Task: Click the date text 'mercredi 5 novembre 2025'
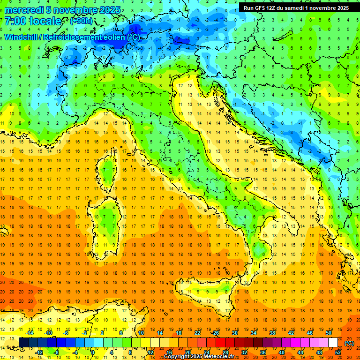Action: (62, 10)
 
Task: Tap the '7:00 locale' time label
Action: (33, 21)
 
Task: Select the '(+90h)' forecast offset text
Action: (82, 21)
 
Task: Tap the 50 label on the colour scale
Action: (329, 333)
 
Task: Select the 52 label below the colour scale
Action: (338, 352)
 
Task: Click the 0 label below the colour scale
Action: (93, 352)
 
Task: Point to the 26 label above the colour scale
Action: (216, 333)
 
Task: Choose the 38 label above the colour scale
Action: (272, 333)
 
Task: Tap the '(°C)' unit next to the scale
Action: (349, 343)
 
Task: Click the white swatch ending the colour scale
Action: (333, 343)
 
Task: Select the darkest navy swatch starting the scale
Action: (23, 343)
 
